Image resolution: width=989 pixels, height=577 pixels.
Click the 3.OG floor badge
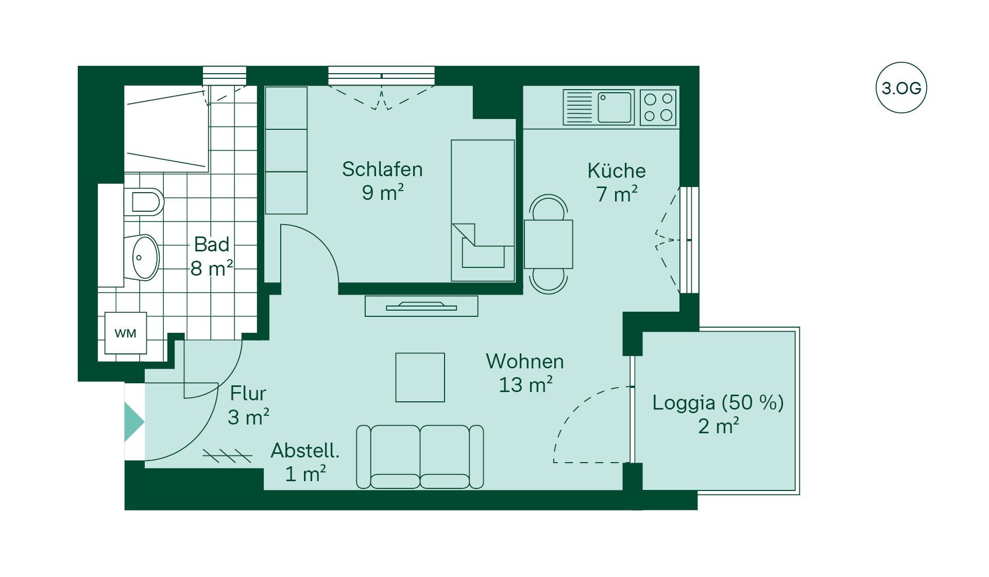(x=901, y=88)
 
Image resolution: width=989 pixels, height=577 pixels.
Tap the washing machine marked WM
(x=126, y=333)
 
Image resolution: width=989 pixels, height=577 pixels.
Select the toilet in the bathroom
(x=144, y=202)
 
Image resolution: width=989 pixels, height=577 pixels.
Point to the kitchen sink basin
(x=615, y=107)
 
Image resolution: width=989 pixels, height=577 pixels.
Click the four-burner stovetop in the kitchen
(x=658, y=107)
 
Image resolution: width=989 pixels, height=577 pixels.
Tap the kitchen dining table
(x=549, y=244)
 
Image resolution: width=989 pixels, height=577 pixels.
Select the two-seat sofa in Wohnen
(x=420, y=456)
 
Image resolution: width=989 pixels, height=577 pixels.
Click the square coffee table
(x=420, y=377)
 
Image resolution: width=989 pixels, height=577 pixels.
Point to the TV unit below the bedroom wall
(x=421, y=306)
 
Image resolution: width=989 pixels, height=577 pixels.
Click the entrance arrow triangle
(x=134, y=422)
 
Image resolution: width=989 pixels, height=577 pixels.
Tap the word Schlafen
(x=382, y=169)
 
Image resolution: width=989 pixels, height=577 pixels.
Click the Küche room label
(x=617, y=171)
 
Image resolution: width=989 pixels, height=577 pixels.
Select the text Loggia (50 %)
(x=718, y=402)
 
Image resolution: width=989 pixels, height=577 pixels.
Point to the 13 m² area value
(x=526, y=385)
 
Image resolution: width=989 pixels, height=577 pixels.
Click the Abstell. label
(x=305, y=450)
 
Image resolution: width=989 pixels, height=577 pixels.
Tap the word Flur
(x=248, y=393)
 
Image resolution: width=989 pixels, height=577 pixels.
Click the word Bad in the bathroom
(x=211, y=244)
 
